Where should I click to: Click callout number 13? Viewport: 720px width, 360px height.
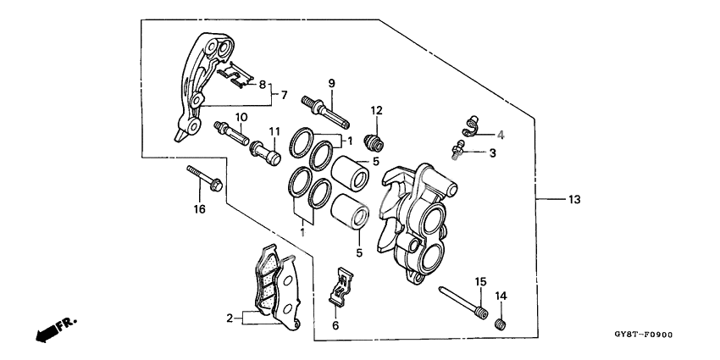(x=574, y=200)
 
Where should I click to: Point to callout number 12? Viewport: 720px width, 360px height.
(x=375, y=109)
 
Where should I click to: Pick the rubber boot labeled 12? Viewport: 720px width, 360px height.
(x=374, y=139)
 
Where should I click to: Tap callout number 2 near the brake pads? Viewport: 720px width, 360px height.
(x=228, y=319)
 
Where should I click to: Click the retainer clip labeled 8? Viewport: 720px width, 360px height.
(x=237, y=77)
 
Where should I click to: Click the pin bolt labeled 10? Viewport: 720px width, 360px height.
(x=231, y=132)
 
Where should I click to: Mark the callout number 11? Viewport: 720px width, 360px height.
(x=274, y=131)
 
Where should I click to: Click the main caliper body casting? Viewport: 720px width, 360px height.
(x=415, y=220)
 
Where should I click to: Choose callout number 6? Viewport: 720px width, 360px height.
(x=335, y=325)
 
